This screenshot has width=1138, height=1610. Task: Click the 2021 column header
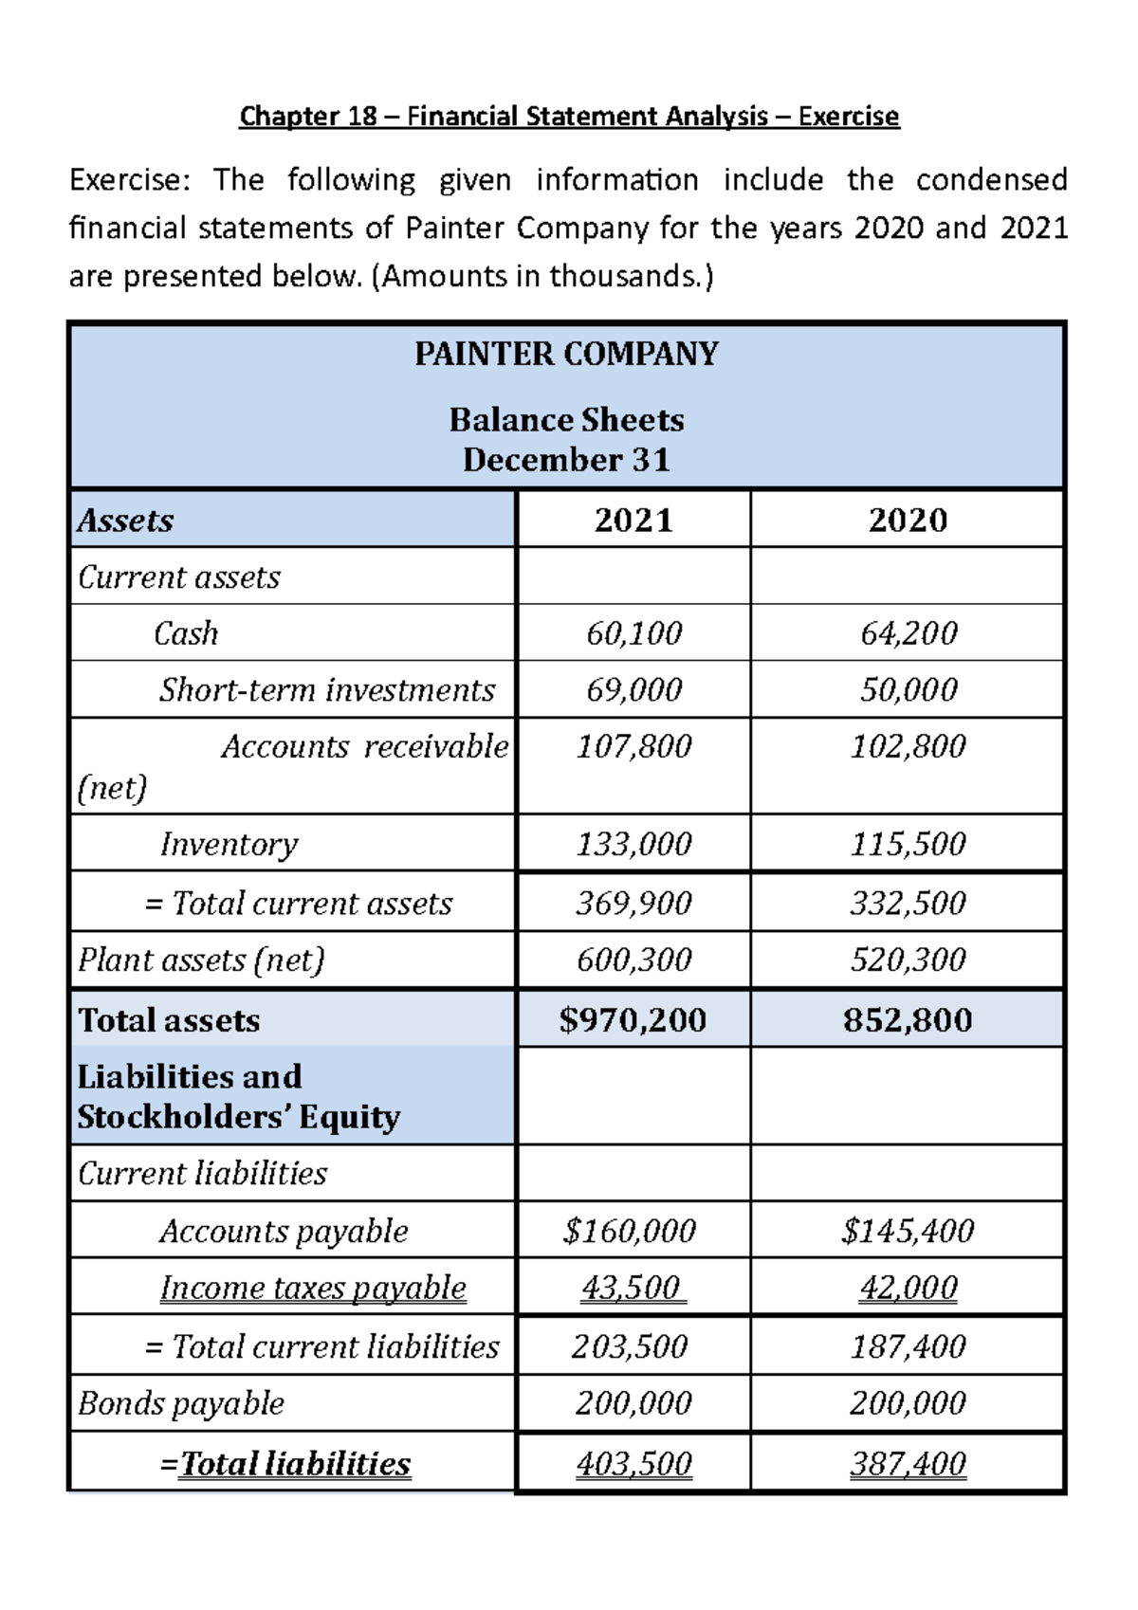coord(633,520)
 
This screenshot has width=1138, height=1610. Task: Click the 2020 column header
coord(908,520)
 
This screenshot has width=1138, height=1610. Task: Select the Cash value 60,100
coord(633,632)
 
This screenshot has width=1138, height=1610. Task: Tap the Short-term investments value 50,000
coord(908,689)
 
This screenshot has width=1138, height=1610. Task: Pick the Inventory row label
coord(229,843)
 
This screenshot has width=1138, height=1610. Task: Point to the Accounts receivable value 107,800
coord(633,746)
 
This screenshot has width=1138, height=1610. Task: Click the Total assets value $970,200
coord(633,1019)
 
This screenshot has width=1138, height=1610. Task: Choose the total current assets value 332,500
coord(908,903)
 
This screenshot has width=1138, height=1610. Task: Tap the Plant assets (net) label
coord(201,960)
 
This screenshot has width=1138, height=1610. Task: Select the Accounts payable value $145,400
coord(908,1231)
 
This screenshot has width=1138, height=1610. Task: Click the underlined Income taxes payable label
coord(313,1288)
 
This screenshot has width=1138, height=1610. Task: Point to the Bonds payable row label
coord(181,1402)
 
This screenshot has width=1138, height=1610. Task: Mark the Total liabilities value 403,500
coord(633,1464)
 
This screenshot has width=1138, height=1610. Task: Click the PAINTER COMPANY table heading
coord(566,354)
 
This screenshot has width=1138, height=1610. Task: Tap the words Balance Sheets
coord(566,419)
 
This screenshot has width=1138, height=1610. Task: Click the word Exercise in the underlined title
coord(848,116)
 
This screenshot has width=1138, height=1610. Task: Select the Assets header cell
coord(125,520)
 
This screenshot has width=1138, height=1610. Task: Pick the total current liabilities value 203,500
coord(630,1346)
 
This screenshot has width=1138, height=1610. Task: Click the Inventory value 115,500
coord(908,843)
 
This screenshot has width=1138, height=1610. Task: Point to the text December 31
coord(566,460)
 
